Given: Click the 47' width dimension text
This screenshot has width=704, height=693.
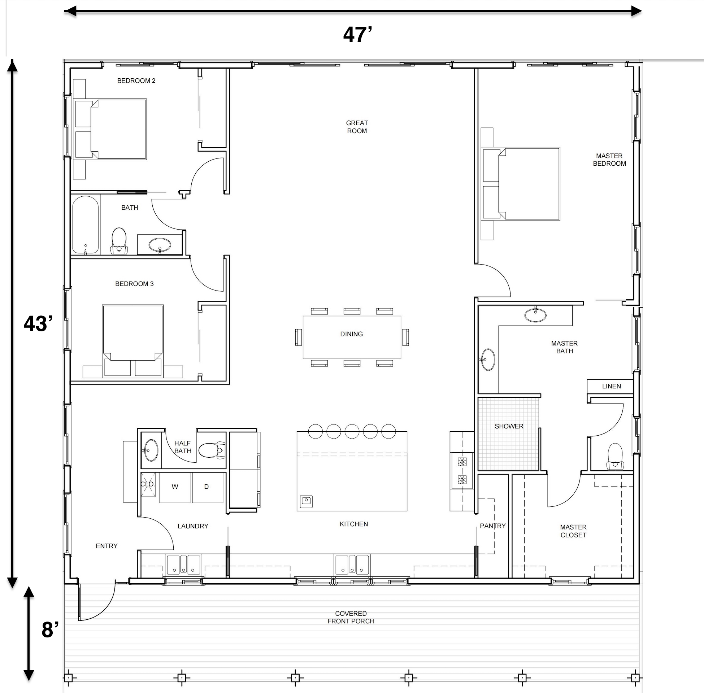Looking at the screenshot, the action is pyautogui.click(x=357, y=35).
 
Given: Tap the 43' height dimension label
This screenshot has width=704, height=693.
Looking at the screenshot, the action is pyautogui.click(x=38, y=323).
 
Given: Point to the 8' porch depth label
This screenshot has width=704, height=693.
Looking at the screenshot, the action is pyautogui.click(x=50, y=630).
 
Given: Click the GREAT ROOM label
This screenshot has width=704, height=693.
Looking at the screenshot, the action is pyautogui.click(x=357, y=127).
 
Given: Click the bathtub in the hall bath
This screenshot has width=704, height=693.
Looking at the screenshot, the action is pyautogui.click(x=86, y=225).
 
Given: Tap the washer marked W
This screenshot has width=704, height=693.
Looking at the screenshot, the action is pyautogui.click(x=175, y=487).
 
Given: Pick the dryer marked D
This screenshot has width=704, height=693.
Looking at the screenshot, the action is pyautogui.click(x=208, y=487).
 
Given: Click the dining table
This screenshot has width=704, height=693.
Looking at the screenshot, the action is pyautogui.click(x=352, y=337).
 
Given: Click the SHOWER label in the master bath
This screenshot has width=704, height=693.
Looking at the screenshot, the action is pyautogui.click(x=509, y=426).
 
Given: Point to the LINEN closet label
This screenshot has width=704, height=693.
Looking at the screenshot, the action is pyautogui.click(x=612, y=386).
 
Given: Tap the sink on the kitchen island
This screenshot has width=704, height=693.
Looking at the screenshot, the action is pyautogui.click(x=306, y=501).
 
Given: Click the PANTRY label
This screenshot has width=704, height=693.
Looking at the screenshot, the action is pyautogui.click(x=492, y=526).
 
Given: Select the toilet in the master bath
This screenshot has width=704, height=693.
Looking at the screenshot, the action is pyautogui.click(x=615, y=457).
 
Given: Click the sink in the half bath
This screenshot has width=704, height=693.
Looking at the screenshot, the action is pyautogui.click(x=151, y=450).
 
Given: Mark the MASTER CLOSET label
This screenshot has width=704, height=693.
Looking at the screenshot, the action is pyautogui.click(x=573, y=531).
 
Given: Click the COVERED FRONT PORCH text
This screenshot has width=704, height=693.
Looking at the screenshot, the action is pyautogui.click(x=351, y=617).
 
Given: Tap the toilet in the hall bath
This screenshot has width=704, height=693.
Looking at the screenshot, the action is pyautogui.click(x=119, y=241).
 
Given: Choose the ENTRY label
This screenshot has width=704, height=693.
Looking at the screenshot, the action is pyautogui.click(x=107, y=546).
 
